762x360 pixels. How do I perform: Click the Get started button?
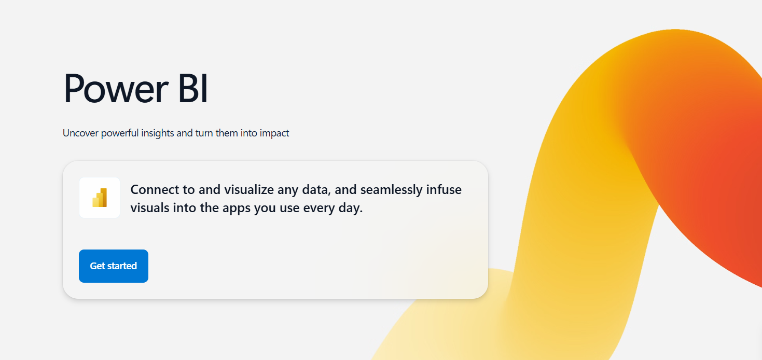click(113, 266)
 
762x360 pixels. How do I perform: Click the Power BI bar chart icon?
click(100, 198)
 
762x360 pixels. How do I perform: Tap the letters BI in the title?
click(192, 88)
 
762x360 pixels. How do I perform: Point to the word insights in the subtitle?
click(157, 133)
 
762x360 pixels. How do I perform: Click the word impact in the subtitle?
click(274, 133)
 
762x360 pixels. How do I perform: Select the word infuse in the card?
click(444, 190)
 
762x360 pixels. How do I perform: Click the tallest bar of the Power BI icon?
click(104, 198)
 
